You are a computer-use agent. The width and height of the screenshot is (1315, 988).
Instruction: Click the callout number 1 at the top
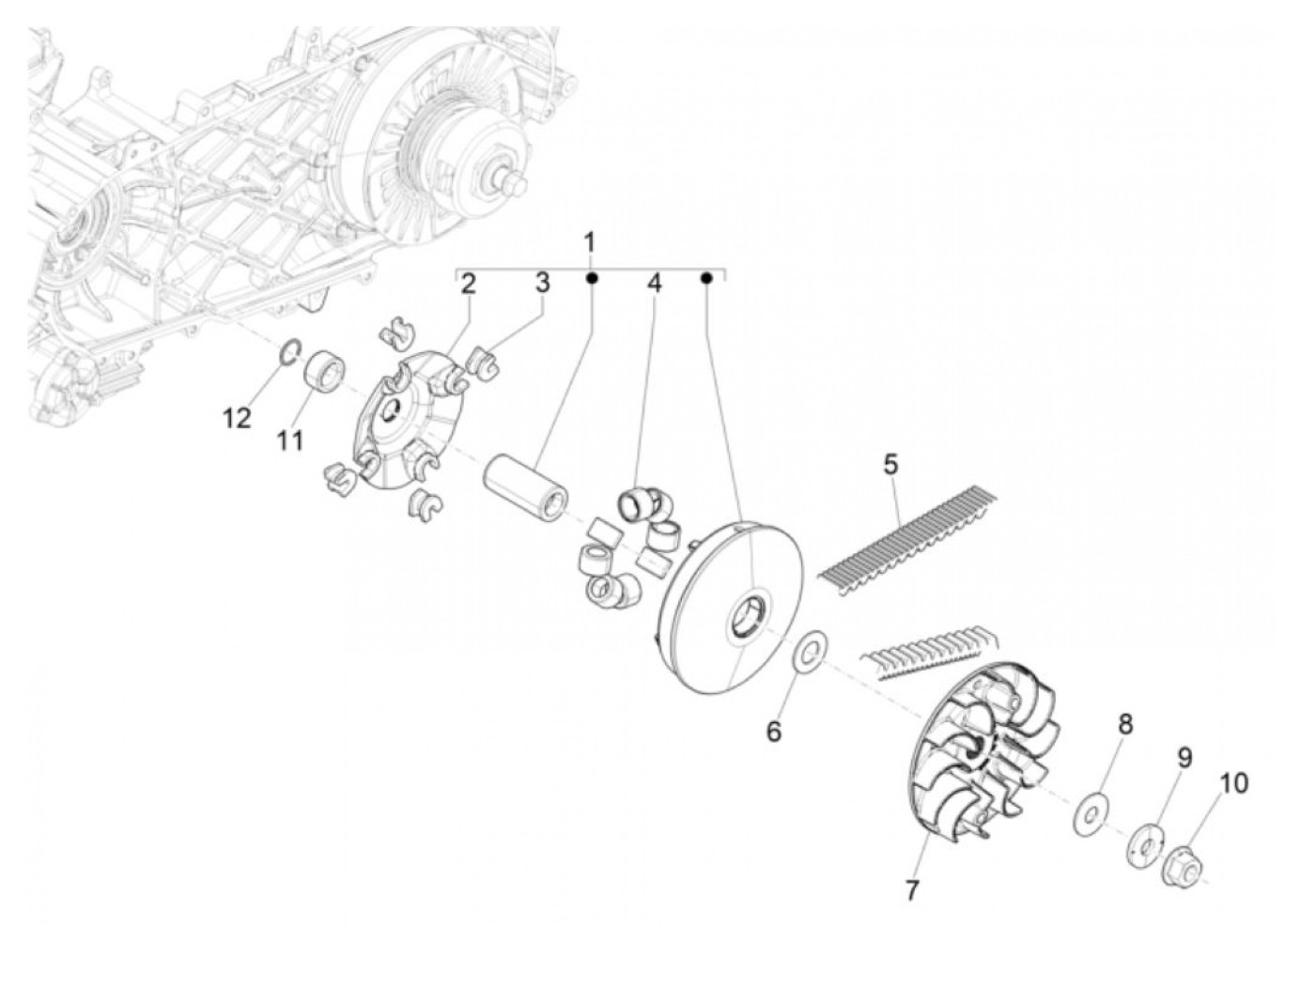click(x=590, y=243)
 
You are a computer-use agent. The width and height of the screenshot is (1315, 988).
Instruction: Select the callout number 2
click(x=468, y=285)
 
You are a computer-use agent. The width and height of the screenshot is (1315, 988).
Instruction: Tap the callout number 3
click(x=542, y=284)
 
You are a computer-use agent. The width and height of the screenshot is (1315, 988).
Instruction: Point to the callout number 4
click(x=653, y=285)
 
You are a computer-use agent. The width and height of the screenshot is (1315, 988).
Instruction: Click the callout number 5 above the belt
click(x=890, y=464)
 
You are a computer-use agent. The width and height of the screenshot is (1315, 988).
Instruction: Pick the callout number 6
click(x=773, y=732)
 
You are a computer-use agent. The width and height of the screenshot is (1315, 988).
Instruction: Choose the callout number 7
click(x=912, y=890)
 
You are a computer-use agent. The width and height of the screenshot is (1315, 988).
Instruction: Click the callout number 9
click(x=1184, y=757)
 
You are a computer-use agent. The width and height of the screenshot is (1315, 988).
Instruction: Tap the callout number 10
click(x=1234, y=782)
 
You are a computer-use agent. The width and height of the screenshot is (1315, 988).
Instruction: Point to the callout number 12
click(x=238, y=418)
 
